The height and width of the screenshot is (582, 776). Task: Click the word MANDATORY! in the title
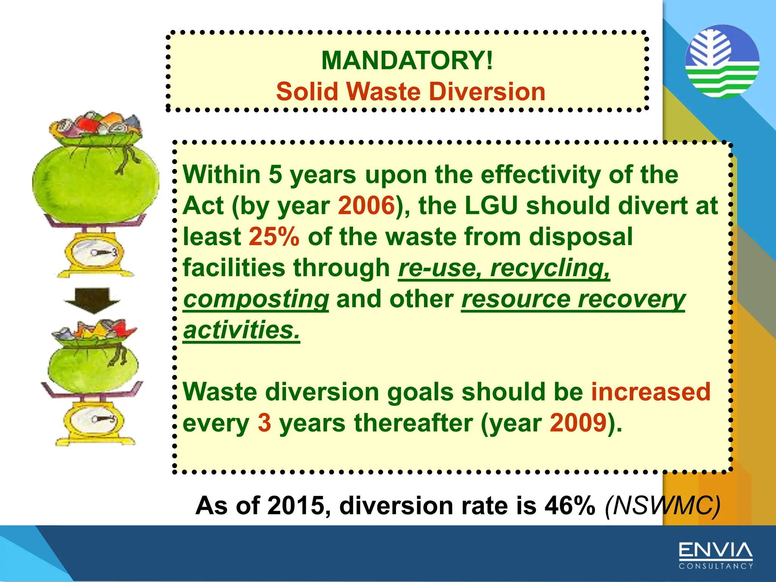(407, 61)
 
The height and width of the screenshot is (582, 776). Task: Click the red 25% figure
(274, 237)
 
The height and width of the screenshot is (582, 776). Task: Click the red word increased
(651, 392)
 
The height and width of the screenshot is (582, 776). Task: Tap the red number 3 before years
(264, 423)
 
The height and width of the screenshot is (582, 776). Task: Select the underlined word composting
(256, 299)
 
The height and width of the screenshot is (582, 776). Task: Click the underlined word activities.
(241, 330)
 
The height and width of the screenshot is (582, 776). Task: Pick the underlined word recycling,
(550, 268)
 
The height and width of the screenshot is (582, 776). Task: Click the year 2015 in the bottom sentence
(298, 506)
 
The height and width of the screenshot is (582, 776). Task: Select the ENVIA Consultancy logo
(715, 555)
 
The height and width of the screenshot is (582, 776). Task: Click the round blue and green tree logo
(722, 61)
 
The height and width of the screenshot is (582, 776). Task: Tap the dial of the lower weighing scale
(94, 419)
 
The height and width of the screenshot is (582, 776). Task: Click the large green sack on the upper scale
(95, 182)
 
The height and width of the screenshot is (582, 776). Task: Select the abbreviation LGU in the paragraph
(491, 206)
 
